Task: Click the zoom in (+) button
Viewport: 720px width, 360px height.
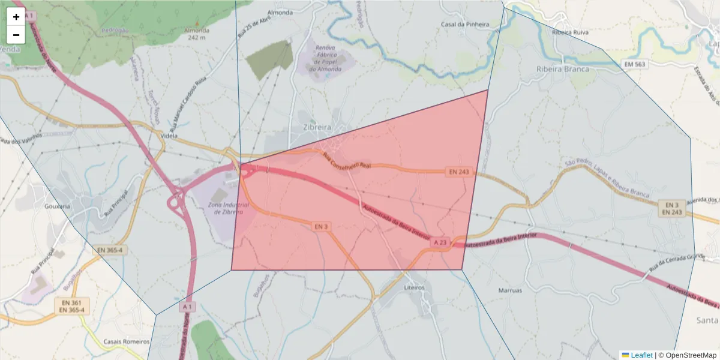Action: coord(16,17)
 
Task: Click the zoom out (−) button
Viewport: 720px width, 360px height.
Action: coord(16,35)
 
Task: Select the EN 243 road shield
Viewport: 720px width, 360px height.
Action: coord(459,172)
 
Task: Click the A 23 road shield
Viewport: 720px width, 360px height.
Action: coord(440,242)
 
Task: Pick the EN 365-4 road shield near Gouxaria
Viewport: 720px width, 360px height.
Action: coord(109,250)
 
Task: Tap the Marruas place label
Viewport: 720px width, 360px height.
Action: coord(510,290)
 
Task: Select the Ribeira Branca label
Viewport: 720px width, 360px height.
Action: coord(562,69)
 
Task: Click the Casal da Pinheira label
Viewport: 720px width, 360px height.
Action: coord(465,25)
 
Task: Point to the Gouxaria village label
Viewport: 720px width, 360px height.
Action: coord(58,206)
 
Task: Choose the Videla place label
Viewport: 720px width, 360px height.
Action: coord(171,136)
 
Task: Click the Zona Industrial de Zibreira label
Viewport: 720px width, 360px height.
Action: coord(225,208)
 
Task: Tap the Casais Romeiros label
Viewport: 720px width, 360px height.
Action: coord(126,341)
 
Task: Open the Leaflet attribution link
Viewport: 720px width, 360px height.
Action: coord(641,355)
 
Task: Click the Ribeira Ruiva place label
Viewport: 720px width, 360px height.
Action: coord(571,32)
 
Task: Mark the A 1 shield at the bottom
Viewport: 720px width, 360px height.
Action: coord(188,307)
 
